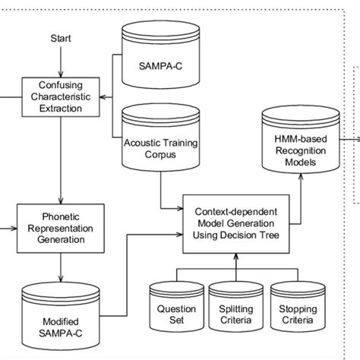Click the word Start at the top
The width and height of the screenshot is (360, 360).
tap(62, 37)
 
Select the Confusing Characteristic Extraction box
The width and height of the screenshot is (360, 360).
tap(62, 97)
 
